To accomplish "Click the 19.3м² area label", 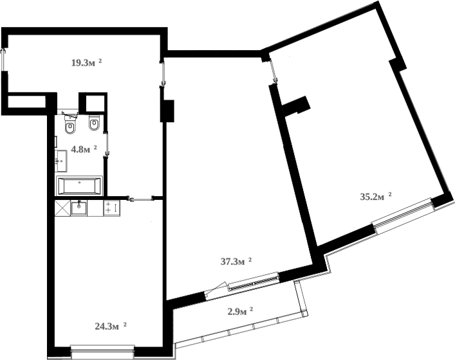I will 86,62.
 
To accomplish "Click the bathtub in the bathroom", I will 80,185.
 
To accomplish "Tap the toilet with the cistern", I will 71,126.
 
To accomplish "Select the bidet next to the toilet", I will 94,123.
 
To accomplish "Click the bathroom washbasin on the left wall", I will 62,157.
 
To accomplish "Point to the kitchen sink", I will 79,208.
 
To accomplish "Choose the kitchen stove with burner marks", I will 111,208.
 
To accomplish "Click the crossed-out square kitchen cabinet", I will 62,208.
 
